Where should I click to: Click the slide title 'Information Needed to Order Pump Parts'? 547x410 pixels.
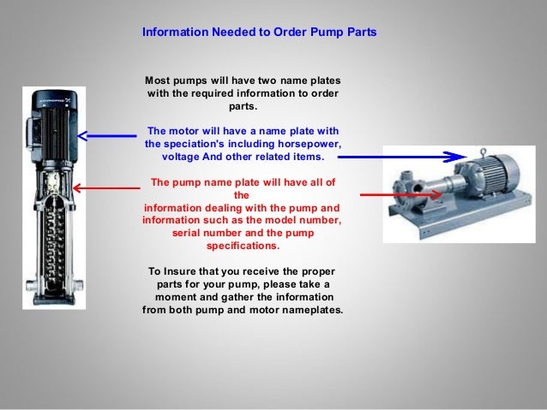(x=259, y=32)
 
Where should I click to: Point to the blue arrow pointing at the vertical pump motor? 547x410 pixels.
(x=107, y=136)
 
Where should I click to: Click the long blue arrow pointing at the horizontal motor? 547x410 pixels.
(x=402, y=157)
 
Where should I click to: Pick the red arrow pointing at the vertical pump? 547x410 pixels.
(x=107, y=188)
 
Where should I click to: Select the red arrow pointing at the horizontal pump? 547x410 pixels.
(x=401, y=194)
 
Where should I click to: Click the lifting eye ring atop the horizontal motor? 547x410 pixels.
(x=484, y=152)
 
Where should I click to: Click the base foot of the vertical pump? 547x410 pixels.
(x=54, y=299)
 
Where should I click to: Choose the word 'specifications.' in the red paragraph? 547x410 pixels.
(x=243, y=246)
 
